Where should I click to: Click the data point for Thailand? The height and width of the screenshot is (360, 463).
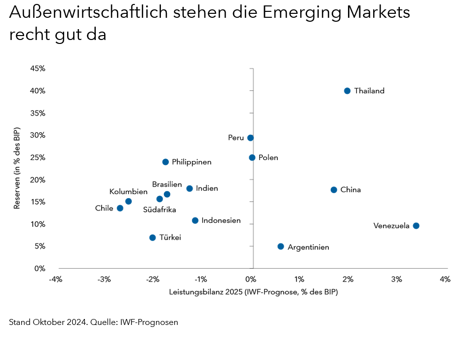(x=347, y=91)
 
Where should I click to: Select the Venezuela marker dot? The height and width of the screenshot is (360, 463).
(x=416, y=226)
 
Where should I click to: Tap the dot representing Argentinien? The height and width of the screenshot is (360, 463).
(x=281, y=246)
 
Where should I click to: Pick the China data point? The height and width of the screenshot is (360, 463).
(x=334, y=190)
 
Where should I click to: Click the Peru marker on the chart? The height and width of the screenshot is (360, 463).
(x=250, y=138)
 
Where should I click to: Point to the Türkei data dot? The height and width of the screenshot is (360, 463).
(x=153, y=238)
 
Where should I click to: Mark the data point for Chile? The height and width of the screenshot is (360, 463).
(x=120, y=208)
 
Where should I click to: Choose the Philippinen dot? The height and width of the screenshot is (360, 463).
(x=165, y=162)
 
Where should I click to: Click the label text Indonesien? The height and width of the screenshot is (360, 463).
(x=221, y=221)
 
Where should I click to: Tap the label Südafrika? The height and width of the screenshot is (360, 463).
(x=159, y=210)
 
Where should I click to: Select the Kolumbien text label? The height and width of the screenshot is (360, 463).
(x=128, y=192)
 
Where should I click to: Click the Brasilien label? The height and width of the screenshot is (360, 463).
(x=167, y=184)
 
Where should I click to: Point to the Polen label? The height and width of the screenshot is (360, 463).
(x=269, y=158)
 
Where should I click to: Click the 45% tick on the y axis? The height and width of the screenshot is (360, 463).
(x=38, y=69)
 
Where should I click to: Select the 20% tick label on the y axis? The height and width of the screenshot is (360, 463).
(x=38, y=180)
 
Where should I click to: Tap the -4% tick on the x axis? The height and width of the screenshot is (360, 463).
(x=55, y=280)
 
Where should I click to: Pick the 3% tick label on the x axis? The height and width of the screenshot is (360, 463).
(x=396, y=280)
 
